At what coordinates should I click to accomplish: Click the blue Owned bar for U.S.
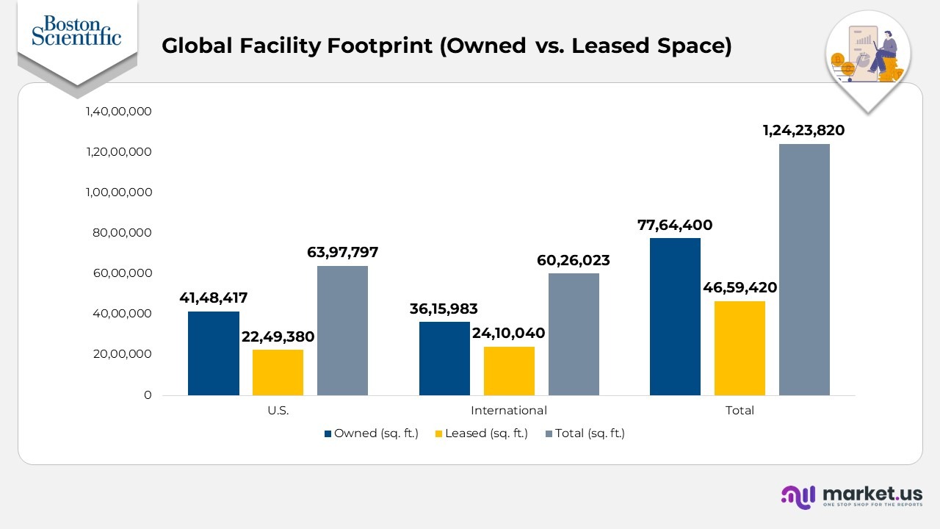click(x=214, y=353)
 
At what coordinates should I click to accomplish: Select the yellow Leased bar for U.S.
click(x=278, y=373)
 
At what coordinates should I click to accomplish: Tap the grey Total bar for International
click(x=574, y=334)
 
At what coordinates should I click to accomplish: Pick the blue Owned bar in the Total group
click(x=675, y=317)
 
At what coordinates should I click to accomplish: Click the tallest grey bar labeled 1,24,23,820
click(x=804, y=270)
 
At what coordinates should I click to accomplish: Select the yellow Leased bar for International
click(x=509, y=371)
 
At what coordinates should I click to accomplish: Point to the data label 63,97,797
click(x=342, y=253)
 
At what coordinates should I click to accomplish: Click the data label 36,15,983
click(x=444, y=309)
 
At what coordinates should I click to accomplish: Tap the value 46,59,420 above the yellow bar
click(x=740, y=287)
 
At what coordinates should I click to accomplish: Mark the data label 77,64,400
click(x=675, y=225)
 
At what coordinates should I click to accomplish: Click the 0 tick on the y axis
click(x=147, y=395)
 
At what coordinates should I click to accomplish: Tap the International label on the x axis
click(x=508, y=411)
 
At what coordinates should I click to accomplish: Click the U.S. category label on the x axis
click(x=278, y=411)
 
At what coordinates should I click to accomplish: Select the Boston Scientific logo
click(x=76, y=31)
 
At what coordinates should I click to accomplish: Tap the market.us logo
click(x=851, y=496)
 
